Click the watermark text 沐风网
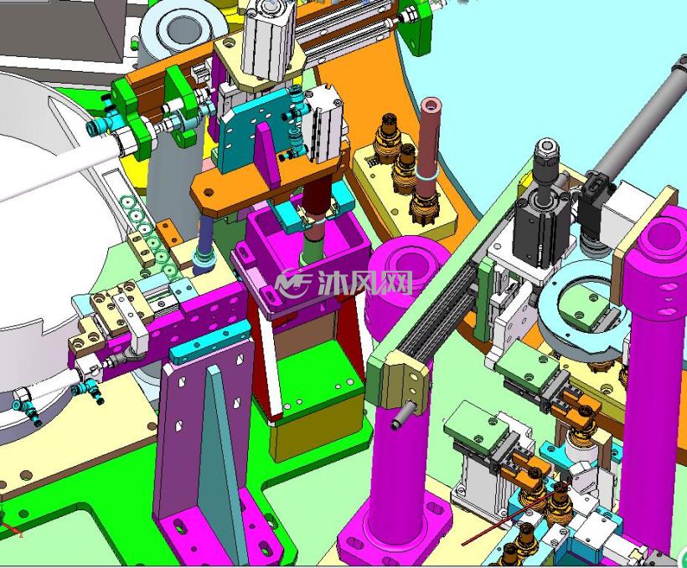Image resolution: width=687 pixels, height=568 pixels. click(x=364, y=283)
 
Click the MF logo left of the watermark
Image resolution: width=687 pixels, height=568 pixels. click(x=292, y=283)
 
